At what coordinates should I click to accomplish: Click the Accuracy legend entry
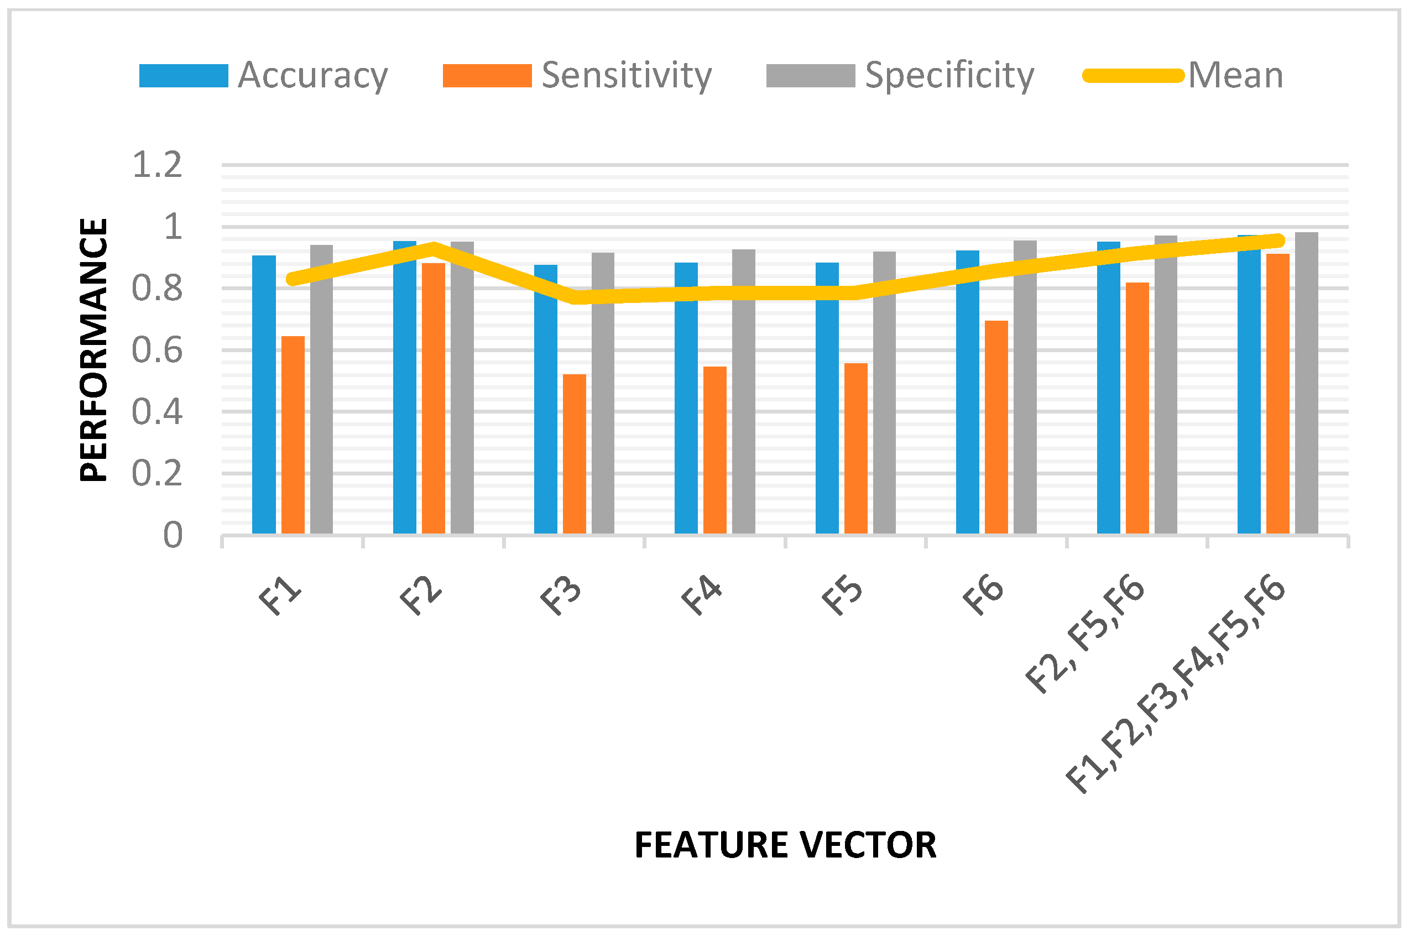pos(263,76)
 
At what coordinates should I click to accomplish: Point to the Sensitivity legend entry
pos(577,76)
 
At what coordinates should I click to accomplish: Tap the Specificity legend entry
pos(900,76)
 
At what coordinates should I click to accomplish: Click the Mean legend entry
pos(1183,76)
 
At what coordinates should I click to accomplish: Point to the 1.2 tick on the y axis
pos(157,165)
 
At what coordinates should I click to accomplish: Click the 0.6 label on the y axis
pos(157,350)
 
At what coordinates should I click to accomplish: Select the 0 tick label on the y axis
pos(173,535)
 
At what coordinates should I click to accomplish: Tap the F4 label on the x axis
pos(702,597)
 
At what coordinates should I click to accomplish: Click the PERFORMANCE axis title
pos(94,350)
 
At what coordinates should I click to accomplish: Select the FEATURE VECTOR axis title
pos(785,845)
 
